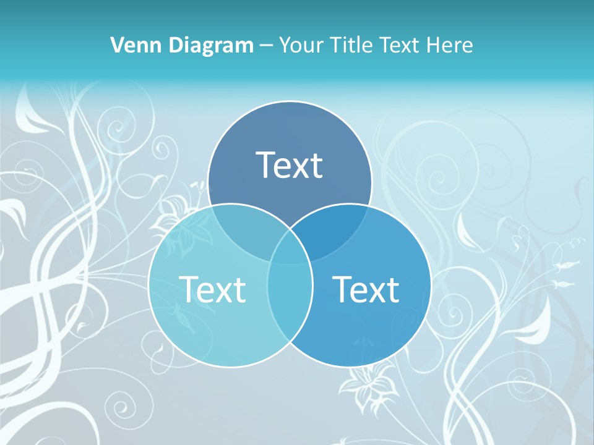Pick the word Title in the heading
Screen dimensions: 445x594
pyautogui.click(x=352, y=45)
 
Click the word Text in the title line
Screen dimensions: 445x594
pyautogui.click(x=403, y=45)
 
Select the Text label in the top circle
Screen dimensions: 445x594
pyautogui.click(x=290, y=165)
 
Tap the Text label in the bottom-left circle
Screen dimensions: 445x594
pyautogui.click(x=212, y=289)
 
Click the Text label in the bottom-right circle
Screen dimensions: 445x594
pyautogui.click(x=366, y=289)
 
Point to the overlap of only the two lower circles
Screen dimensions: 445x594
pyautogui.click(x=290, y=297)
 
